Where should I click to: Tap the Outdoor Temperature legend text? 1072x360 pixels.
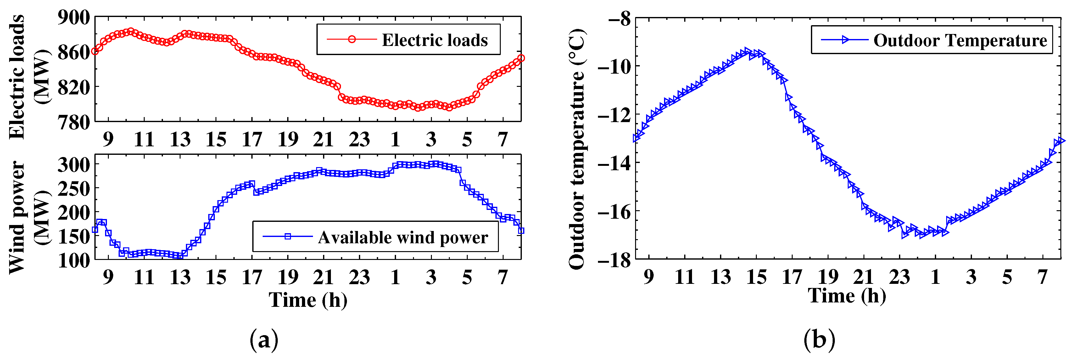[960, 40]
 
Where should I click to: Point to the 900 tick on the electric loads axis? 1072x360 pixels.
[74, 18]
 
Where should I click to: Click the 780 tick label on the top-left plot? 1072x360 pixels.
[74, 122]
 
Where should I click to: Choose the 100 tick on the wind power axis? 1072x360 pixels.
[74, 261]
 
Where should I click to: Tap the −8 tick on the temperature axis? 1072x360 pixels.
[619, 19]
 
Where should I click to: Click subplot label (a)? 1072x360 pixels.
[264, 340]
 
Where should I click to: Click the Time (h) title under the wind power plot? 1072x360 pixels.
[308, 300]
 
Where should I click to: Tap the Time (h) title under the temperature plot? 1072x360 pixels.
[847, 295]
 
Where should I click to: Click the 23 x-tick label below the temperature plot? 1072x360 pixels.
[899, 277]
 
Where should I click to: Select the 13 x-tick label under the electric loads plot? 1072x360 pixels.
[180, 139]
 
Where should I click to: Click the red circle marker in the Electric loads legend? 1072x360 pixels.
[352, 40]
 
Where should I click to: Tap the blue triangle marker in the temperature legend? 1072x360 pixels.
[845, 40]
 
